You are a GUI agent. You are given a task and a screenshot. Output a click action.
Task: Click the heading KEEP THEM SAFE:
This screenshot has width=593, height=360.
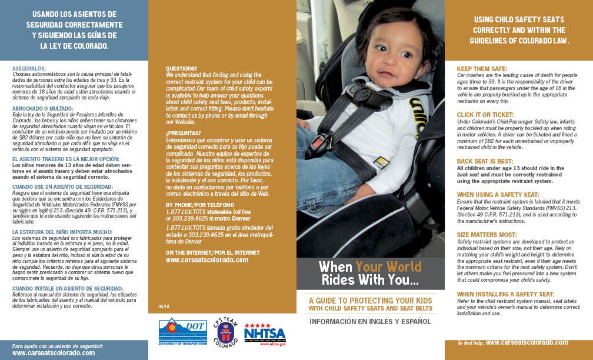click(x=482, y=69)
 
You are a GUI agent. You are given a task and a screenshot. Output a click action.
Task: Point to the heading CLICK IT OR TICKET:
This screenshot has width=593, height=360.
click(x=485, y=114)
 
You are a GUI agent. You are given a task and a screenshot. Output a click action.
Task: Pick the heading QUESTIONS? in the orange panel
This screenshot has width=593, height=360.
click(x=181, y=68)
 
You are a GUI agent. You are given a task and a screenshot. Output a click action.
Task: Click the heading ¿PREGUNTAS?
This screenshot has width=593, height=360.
click(x=184, y=133)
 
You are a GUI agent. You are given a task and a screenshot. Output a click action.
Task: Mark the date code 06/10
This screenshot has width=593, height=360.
click(x=164, y=305)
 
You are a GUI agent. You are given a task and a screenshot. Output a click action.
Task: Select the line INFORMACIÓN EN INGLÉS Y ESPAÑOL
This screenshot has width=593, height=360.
click(x=371, y=321)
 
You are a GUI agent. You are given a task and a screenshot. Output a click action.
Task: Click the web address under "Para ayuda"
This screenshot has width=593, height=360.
click(x=53, y=353)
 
